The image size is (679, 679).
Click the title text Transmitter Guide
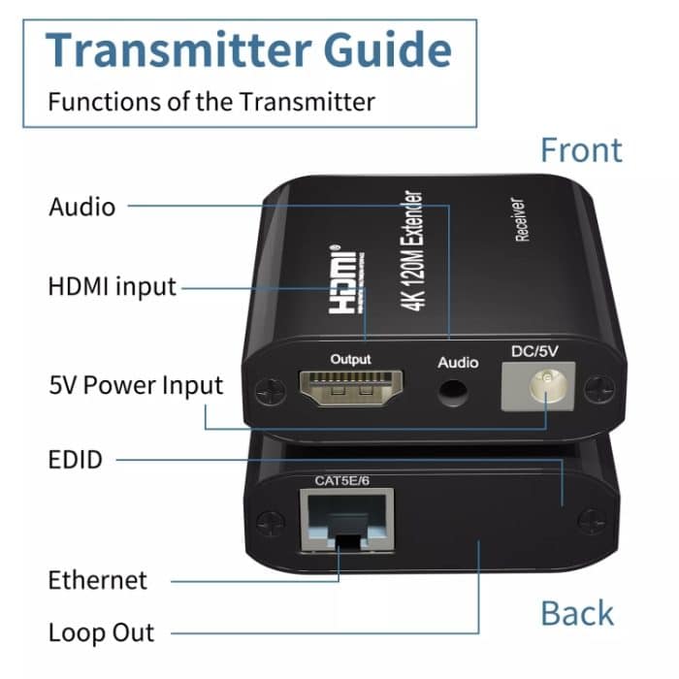tap(248, 49)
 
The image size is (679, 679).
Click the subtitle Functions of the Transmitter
tap(211, 101)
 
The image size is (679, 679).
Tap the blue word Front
tap(581, 150)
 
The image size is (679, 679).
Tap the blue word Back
tap(577, 613)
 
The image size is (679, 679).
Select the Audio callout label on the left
tap(81, 207)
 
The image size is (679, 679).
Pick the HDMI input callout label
tap(113, 286)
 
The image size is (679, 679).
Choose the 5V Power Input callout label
tap(136, 385)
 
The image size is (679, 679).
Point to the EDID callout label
tap(76, 459)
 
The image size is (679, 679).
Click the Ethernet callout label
tap(98, 580)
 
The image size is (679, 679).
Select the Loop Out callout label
tap(101, 633)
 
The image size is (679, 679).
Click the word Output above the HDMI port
tap(350, 360)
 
